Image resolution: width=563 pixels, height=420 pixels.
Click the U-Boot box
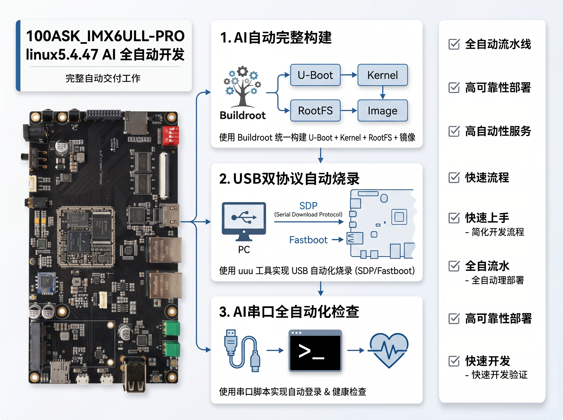pyautogui.click(x=315, y=75)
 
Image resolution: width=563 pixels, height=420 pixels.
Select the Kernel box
pyautogui.click(x=382, y=75)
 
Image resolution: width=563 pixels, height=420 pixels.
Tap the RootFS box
pyautogui.click(x=315, y=111)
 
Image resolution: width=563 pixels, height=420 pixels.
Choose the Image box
pyautogui.click(x=382, y=111)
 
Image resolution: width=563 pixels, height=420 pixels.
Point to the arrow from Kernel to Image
pyautogui.click(x=383, y=93)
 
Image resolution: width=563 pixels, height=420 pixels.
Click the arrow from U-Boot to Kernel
pyautogui.click(x=349, y=75)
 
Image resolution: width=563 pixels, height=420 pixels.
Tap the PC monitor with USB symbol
pyautogui.click(x=244, y=221)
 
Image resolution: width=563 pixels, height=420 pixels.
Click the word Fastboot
pyautogui.click(x=308, y=240)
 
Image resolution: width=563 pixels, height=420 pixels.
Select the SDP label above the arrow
pyautogui.click(x=308, y=205)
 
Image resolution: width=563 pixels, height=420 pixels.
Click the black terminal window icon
pyautogui.click(x=315, y=351)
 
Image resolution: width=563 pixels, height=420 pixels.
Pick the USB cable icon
pyautogui.click(x=242, y=351)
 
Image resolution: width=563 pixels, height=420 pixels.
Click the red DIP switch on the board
pyautogui.click(x=171, y=136)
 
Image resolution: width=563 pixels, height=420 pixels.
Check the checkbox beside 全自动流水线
pyautogui.click(x=454, y=44)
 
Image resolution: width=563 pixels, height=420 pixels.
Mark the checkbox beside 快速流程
pyautogui.click(x=454, y=177)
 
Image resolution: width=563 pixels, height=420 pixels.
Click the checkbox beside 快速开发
pyautogui.click(x=454, y=361)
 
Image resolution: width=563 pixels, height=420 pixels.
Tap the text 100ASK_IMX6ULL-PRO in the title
pyautogui.click(x=105, y=36)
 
